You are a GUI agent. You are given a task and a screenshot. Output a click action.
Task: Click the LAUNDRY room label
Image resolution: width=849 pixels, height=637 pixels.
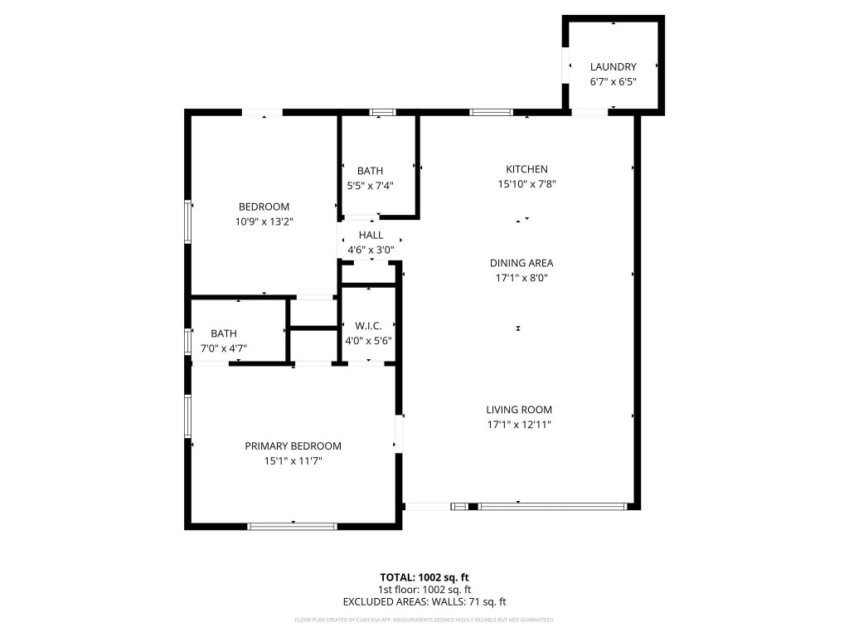pos(613,66)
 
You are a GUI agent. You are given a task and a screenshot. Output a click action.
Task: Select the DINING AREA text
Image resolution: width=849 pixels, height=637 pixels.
pos(518,263)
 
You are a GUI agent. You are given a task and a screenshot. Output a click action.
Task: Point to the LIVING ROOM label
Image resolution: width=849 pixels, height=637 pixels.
pos(518,409)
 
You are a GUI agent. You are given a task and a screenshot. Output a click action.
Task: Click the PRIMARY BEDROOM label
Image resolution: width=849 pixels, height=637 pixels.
pos(293,445)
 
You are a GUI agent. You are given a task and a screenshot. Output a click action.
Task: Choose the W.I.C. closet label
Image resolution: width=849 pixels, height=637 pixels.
pos(367,326)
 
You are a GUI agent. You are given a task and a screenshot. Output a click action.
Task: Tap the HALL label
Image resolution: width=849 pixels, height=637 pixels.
pos(371,235)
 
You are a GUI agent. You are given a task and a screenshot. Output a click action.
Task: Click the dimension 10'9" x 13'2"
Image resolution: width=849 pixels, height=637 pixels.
pos(264,221)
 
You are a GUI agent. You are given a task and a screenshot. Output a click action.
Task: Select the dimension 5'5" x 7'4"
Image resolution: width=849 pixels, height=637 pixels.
pos(370,186)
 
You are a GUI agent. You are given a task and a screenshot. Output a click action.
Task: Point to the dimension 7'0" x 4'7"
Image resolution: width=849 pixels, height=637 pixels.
pos(223,348)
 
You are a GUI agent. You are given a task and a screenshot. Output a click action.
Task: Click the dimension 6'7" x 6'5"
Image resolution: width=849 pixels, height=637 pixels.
pos(613,81)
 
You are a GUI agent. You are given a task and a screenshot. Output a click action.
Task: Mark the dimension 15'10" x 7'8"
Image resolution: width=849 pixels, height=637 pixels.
pos(526,184)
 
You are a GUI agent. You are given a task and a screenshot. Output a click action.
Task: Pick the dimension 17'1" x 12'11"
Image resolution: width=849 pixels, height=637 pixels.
pos(518,424)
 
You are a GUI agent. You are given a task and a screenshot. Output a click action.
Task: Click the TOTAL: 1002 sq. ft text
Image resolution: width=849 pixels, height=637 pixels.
pos(424,577)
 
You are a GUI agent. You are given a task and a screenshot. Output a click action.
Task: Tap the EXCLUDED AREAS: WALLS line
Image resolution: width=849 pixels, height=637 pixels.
pos(424,602)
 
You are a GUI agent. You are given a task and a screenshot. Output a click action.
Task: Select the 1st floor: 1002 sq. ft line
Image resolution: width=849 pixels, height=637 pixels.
pos(424,590)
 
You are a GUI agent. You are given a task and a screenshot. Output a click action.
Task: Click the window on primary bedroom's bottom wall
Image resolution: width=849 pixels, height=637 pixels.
pos(293,525)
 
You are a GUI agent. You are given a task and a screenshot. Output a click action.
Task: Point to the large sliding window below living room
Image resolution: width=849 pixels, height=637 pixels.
pos(552,505)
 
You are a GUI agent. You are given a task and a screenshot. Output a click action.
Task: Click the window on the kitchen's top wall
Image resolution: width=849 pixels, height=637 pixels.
pos(490,112)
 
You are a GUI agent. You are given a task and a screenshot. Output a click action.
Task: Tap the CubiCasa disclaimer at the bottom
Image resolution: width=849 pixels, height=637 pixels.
pos(424,620)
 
